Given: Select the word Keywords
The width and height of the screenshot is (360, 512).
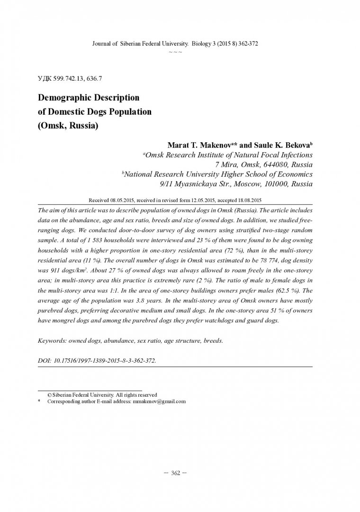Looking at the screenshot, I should (51, 340).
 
